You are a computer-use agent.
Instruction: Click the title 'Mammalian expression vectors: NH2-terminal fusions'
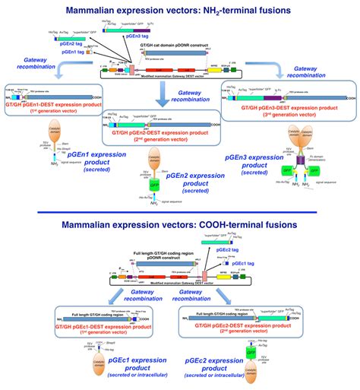(x=180, y=10)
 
